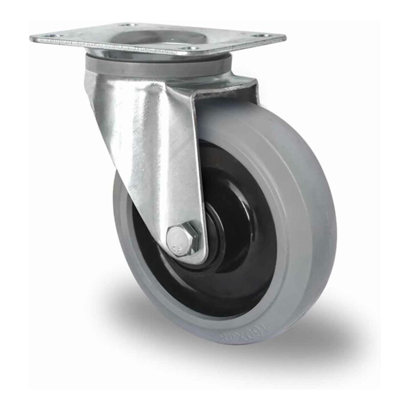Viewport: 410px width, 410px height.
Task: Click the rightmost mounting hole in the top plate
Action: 261,35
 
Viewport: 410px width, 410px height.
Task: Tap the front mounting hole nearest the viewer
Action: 190,49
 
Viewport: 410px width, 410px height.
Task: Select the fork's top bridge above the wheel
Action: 225,90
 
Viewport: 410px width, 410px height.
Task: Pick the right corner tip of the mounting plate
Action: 284,38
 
